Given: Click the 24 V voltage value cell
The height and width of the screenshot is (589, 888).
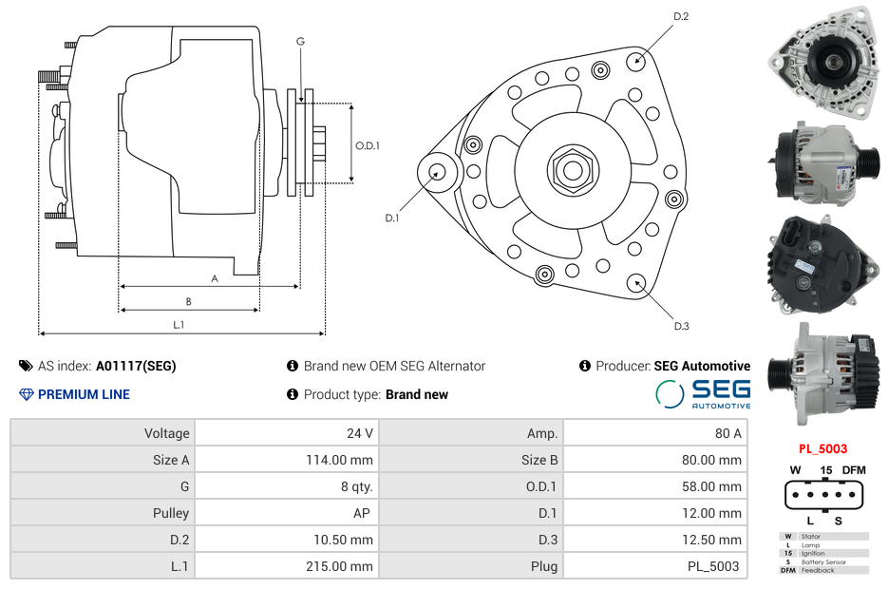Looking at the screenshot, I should [360, 433].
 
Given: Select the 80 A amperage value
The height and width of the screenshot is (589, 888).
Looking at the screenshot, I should [728, 433].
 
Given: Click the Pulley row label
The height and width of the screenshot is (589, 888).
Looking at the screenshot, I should [171, 513].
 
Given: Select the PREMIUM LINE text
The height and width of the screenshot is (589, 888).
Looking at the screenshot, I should [84, 394].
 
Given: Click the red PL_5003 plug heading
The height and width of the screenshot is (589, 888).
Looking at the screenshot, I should [822, 448].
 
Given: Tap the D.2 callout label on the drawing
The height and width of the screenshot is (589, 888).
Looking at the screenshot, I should [680, 17].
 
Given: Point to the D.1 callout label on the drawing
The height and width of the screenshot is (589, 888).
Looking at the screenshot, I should [391, 218].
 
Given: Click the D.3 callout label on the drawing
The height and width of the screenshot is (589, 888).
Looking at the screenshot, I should [680, 326].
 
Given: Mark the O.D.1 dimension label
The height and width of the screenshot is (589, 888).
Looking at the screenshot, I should [368, 145].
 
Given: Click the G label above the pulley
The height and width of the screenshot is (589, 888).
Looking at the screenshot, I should [300, 41].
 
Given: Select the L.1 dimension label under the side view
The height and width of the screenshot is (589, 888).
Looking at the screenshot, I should [178, 325].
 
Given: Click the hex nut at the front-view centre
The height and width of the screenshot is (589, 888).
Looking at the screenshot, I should [572, 170].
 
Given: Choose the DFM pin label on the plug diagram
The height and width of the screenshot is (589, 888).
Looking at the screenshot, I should [855, 470].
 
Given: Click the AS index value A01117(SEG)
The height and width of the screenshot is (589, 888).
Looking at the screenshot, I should [136, 366].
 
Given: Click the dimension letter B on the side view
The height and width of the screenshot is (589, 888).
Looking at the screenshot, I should [188, 302].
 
